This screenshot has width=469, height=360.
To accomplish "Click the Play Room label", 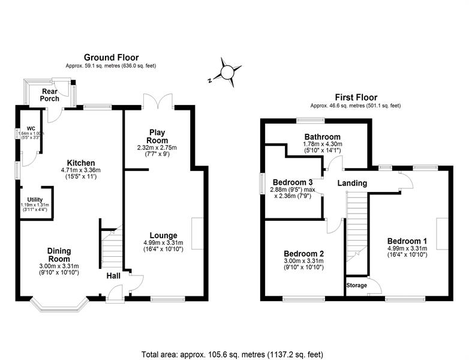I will pyautogui.click(x=157, y=136).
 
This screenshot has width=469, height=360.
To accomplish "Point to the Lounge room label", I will pyautogui.click(x=163, y=235).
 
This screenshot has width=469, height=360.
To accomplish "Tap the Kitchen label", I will pyautogui.click(x=81, y=163).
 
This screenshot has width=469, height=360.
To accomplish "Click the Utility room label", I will pyautogui.click(x=34, y=199).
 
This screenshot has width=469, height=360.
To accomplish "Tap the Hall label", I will pyautogui.click(x=113, y=276).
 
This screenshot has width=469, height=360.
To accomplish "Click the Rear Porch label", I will pyautogui.click(x=49, y=95).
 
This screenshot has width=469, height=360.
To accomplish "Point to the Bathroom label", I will pyautogui.click(x=322, y=137).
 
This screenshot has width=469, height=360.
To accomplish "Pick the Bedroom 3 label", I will pyautogui.click(x=293, y=182).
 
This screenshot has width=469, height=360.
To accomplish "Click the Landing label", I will pyautogui.click(x=351, y=183).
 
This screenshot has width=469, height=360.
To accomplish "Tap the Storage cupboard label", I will pyautogui.click(x=357, y=285).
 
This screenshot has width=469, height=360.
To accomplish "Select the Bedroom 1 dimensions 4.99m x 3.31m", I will pyautogui.click(x=407, y=248).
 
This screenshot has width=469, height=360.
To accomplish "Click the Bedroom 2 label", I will pyautogui.click(x=304, y=253).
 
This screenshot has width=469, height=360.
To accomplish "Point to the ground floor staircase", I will pyautogui.click(x=110, y=247).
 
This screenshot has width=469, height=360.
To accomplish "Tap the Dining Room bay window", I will pyautogui.click(x=61, y=305).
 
